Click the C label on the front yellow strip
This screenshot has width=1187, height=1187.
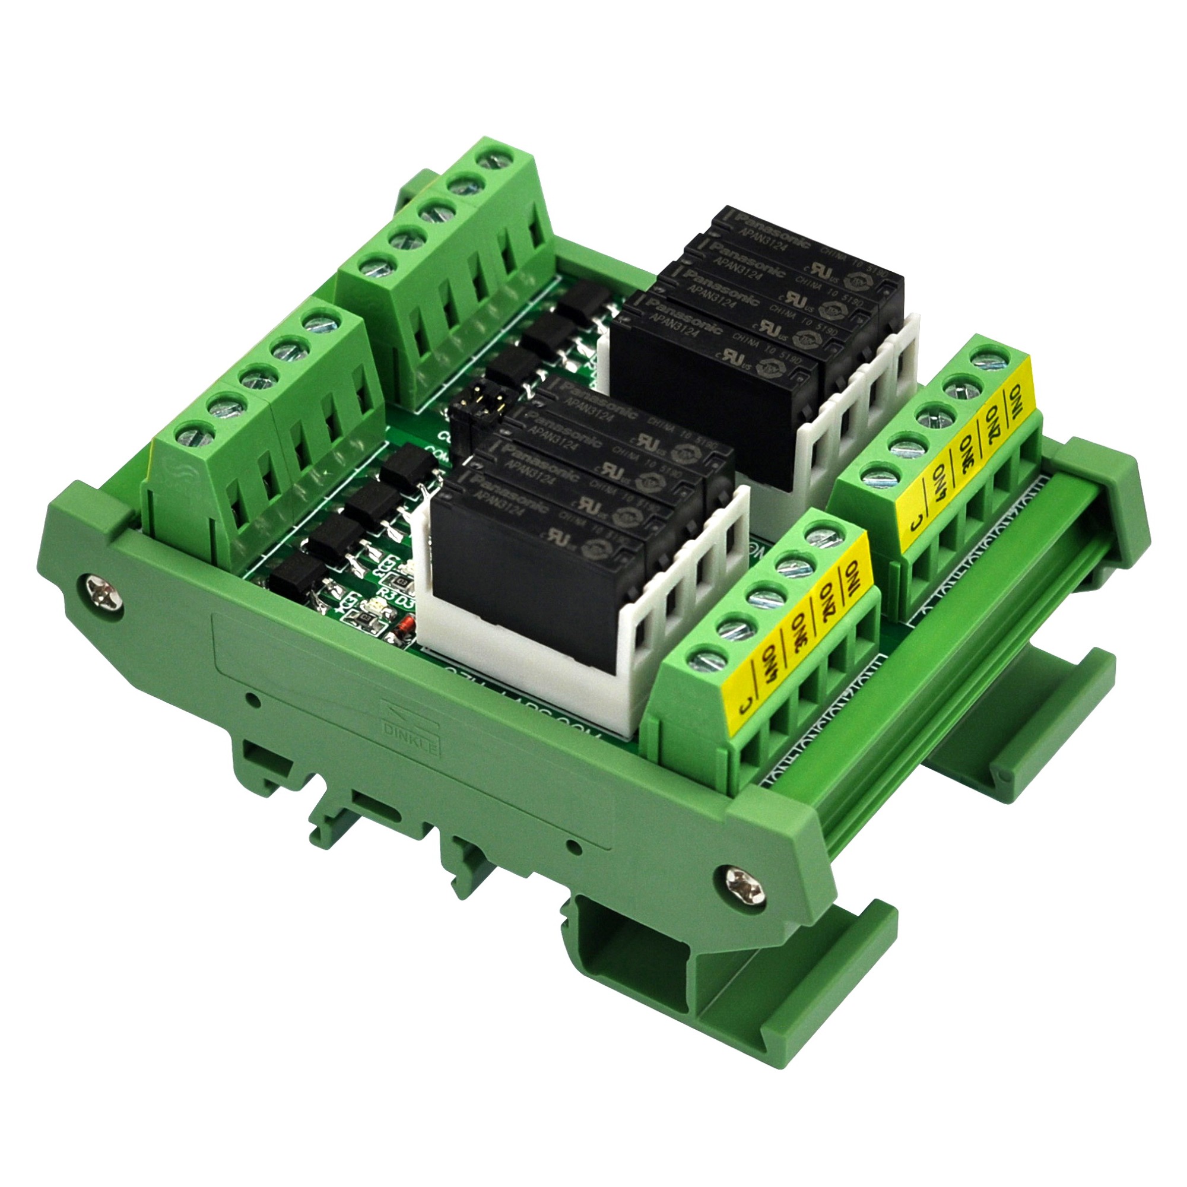745,705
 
